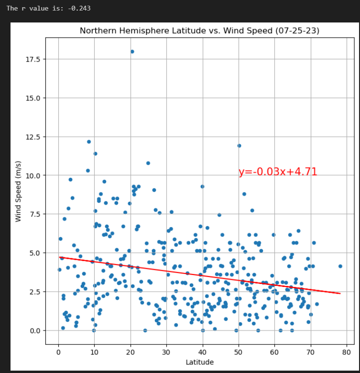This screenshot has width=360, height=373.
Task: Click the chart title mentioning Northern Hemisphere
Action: click(199, 31)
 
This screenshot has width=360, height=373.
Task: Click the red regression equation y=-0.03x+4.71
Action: click(278, 172)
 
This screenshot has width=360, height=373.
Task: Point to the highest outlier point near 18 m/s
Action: click(132, 52)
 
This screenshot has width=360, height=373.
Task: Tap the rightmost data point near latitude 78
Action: click(340, 266)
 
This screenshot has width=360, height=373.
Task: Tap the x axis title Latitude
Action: click(199, 362)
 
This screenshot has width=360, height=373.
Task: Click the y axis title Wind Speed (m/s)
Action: click(19, 191)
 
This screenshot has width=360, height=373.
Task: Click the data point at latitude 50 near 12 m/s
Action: click(239, 146)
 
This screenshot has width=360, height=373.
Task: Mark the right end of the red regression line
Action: click(340, 293)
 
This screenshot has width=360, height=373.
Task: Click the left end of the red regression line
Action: click(60, 257)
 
